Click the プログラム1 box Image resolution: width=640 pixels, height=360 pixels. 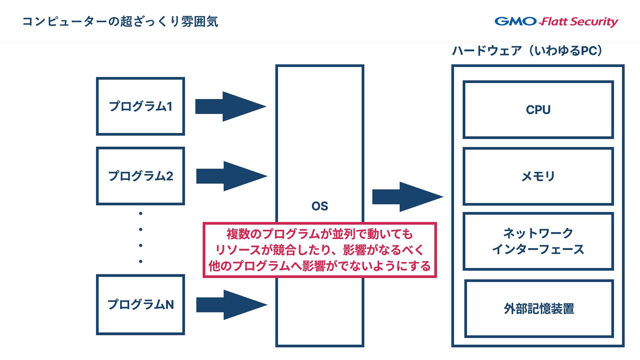point(140,106)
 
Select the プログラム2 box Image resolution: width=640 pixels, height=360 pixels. point(140,176)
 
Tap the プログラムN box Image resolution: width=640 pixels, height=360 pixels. point(140,304)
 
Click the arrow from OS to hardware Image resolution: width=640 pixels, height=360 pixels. point(407,197)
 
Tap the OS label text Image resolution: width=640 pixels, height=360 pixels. point(320,206)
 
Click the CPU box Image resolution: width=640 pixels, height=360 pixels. point(538,110)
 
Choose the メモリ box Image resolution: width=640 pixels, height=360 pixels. point(538,176)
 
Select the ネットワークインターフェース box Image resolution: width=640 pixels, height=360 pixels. point(538,241)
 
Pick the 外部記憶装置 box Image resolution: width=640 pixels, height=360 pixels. point(539,309)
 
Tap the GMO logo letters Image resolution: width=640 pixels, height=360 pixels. point(515,21)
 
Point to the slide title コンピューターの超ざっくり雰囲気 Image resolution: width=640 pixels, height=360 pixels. point(120,22)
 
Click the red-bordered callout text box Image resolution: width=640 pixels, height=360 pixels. point(320,250)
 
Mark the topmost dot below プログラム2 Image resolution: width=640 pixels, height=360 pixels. point(141,213)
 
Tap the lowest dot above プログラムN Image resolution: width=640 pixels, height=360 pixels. point(141,261)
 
